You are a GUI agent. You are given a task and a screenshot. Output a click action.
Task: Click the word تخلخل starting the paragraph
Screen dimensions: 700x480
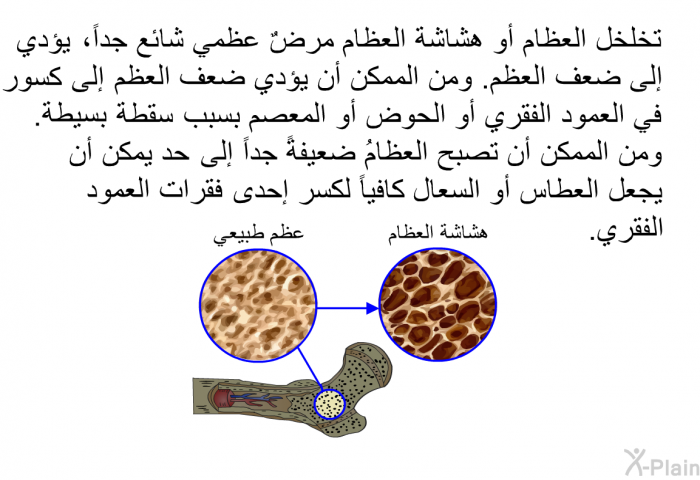tap(629, 39)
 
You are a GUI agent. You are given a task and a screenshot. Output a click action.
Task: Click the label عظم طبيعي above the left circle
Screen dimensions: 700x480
tap(258, 235)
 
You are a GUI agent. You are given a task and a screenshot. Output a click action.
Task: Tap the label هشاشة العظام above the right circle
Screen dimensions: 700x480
tap(438, 233)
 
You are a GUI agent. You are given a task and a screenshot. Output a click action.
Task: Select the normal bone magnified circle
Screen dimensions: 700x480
tap(258, 305)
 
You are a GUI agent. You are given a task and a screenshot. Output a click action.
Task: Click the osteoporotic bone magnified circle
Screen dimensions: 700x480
tap(438, 305)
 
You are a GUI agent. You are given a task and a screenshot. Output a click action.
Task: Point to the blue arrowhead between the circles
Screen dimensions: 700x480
tap(372, 308)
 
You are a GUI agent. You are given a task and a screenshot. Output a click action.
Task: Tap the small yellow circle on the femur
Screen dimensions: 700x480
tap(330, 405)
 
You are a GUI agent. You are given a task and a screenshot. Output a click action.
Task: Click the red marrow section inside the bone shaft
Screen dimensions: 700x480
tap(223, 398)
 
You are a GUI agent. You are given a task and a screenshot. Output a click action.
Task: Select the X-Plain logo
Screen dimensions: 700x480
tap(661, 463)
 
